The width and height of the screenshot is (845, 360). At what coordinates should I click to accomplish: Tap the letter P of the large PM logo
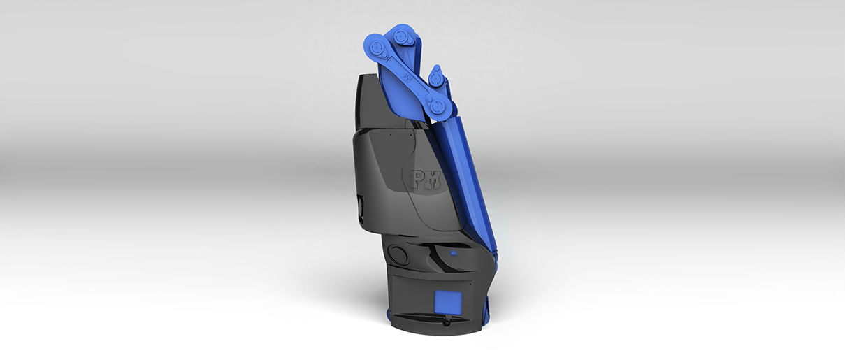coord(417,180)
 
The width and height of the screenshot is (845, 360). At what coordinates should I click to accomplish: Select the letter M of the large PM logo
coord(433,180)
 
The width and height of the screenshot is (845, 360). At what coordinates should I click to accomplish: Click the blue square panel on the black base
coord(448,302)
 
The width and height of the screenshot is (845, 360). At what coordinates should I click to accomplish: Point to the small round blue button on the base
coord(454,252)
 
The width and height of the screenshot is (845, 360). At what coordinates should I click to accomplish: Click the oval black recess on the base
coord(398,254)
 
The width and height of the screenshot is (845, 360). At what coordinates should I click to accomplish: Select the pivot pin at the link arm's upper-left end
coord(377,48)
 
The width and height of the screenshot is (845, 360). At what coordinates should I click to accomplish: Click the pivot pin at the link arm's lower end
coord(437,106)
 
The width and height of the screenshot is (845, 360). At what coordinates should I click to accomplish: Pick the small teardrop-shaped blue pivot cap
coord(435,78)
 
